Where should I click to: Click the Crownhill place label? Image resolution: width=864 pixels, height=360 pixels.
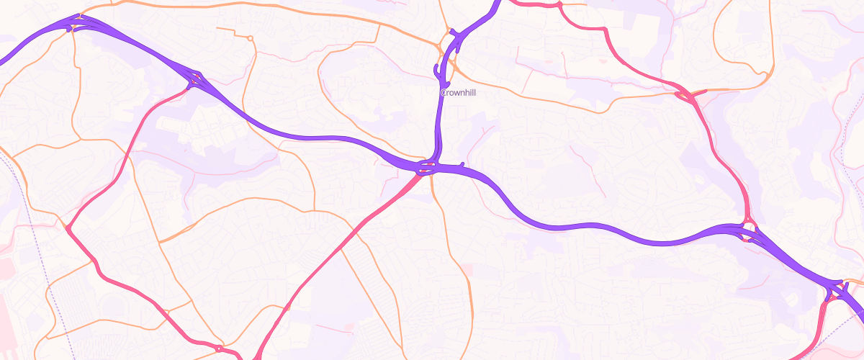tap(458, 92)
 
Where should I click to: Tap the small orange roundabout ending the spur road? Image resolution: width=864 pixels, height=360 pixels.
tap(250, 37)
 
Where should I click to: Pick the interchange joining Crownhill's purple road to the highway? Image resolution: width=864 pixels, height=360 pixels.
tap(426, 168)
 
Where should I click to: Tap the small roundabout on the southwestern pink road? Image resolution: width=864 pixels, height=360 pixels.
tap(218, 348)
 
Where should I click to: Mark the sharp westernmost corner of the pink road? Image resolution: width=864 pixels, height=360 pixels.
tap(68, 229)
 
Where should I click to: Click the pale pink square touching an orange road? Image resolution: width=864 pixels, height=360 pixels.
tap(467, 269)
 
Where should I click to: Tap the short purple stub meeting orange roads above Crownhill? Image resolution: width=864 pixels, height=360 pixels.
tap(452, 32)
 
